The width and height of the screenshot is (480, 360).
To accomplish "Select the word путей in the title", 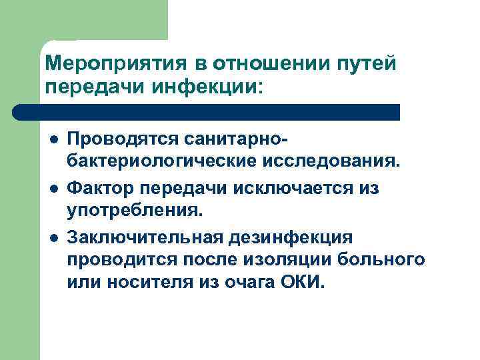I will click(365, 63).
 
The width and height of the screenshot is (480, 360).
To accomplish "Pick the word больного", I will click(383, 259).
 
